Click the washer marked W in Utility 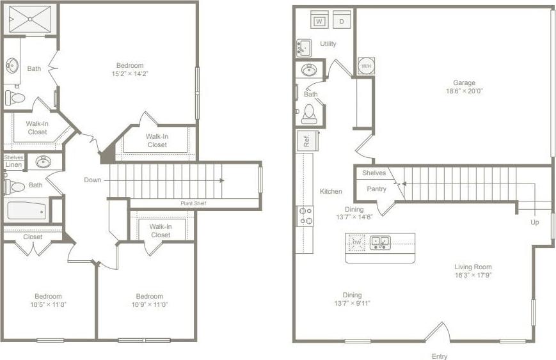tap(319, 21)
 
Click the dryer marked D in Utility tap(342, 21)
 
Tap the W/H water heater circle tap(366, 66)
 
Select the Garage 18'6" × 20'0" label tap(464, 87)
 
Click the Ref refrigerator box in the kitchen tap(305, 141)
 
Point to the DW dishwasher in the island tap(357, 242)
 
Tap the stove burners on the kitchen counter tap(305, 216)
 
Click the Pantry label tap(376, 189)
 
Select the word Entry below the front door tap(439, 356)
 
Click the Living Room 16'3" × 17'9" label tap(473, 271)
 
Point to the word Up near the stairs tap(534, 223)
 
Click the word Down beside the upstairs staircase tap(92, 180)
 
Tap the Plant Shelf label tap(192, 203)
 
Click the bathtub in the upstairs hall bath tap(26, 210)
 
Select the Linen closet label tap(13, 165)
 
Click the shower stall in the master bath tap(29, 19)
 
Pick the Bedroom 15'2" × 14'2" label tap(129, 69)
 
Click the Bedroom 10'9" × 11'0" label tap(149, 300)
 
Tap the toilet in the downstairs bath tap(310, 114)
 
